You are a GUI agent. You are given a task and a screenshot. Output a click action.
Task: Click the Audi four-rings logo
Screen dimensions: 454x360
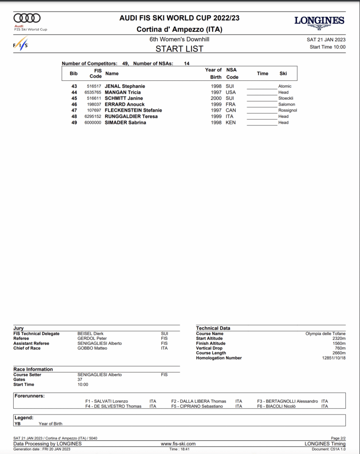click(27, 18)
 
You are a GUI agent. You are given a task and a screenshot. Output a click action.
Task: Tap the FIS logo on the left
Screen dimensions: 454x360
click(20, 44)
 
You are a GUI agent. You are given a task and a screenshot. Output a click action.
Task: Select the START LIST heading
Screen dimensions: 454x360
click(180, 49)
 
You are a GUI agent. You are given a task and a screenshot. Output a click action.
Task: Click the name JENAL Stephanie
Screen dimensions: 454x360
click(125, 86)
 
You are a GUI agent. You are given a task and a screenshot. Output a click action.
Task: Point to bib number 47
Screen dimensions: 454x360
click(74, 110)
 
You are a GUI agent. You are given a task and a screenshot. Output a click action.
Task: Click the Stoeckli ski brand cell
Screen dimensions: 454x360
click(286, 98)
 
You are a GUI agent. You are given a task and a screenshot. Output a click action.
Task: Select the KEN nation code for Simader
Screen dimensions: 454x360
click(231, 122)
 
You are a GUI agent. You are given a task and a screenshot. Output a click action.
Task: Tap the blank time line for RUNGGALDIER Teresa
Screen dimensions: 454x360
click(262, 117)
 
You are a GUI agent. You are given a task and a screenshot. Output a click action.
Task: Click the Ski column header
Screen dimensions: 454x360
click(283, 74)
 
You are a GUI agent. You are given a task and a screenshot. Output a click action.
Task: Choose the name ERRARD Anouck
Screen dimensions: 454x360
click(125, 104)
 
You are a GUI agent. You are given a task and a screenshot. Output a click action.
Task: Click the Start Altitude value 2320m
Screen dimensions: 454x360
click(339, 338)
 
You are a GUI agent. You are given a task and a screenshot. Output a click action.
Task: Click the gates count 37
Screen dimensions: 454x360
click(80, 380)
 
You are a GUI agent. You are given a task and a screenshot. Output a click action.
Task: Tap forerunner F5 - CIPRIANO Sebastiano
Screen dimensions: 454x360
click(197, 406)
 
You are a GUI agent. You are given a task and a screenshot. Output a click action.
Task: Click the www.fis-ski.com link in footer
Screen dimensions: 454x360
click(178, 443)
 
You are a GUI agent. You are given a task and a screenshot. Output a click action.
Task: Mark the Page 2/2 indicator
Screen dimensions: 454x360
click(338, 438)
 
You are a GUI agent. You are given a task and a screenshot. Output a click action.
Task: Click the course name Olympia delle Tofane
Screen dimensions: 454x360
click(325, 333)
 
